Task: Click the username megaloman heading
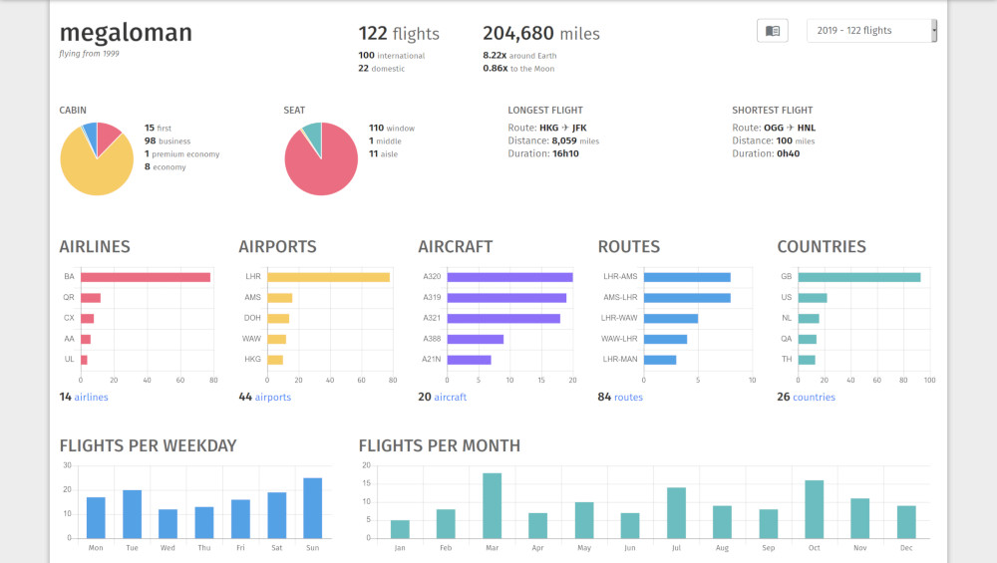point(126,33)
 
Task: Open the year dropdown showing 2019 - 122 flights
point(871,31)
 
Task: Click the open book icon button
point(773,31)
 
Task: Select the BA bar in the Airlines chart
point(146,277)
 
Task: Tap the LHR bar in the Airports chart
point(328,277)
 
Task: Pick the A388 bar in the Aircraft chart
point(476,339)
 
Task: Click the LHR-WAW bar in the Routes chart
point(671,319)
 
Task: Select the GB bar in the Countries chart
point(859,277)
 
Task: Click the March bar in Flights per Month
point(492,505)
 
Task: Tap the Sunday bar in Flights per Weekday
point(313,508)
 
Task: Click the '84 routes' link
point(620,398)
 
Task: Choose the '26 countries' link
point(807,398)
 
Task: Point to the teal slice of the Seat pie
point(313,137)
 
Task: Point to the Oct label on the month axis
point(814,548)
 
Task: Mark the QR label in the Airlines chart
point(69,298)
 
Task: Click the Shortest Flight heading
point(773,111)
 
